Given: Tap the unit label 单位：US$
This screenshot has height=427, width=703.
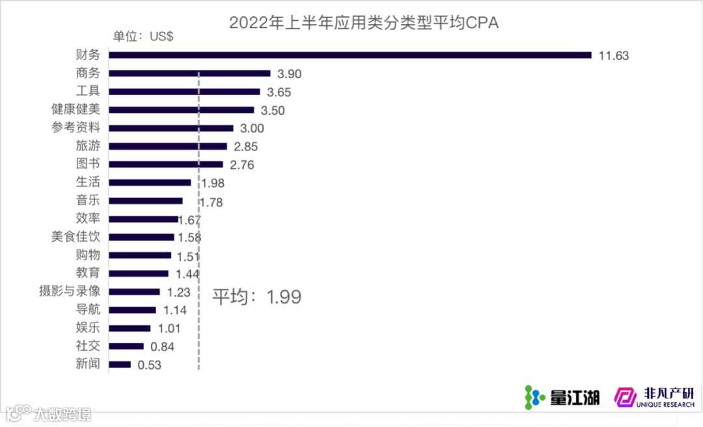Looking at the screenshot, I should (143, 37).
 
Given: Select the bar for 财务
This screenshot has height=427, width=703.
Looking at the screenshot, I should (350, 55).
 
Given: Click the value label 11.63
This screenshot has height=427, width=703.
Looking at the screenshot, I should (614, 55).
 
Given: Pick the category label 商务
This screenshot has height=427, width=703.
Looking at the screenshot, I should (88, 74).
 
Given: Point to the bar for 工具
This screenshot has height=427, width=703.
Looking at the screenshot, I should (184, 92).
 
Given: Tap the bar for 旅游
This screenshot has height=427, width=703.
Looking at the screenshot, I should (168, 147).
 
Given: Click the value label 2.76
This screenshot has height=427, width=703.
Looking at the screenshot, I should (241, 165).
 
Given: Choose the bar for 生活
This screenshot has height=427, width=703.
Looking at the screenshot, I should (150, 183).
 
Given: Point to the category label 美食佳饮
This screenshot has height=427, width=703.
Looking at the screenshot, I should (76, 237).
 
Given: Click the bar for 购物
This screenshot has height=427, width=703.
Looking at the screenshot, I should (140, 256).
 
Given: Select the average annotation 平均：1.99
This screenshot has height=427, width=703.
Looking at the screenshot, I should (257, 297).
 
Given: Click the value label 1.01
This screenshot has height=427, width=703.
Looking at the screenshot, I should (169, 329).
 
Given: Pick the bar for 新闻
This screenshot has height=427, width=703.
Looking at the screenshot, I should (120, 364).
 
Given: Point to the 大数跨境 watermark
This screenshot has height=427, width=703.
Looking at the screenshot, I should (49, 413).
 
